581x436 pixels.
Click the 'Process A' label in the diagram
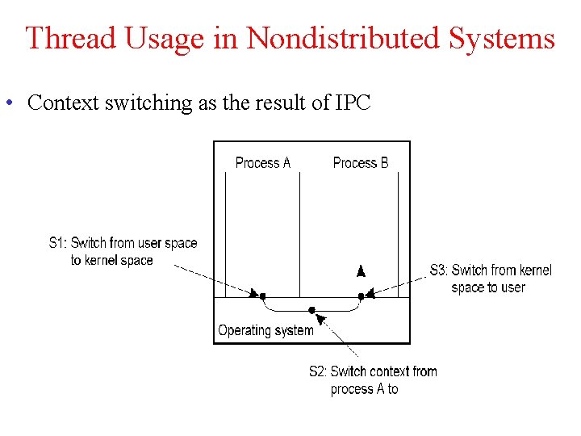pos(262,163)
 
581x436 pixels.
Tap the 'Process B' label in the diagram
pos(361,163)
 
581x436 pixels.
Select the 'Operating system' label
pos(265,330)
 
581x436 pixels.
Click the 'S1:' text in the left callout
pos(58,243)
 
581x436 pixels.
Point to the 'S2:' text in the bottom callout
pos(319,371)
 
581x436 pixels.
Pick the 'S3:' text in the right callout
pos(439,270)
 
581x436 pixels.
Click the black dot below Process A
pos(263,296)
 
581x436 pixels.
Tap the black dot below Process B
pos(361,296)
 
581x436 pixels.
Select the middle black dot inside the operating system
pos(312,310)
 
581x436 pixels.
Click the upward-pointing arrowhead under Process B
pos(362,270)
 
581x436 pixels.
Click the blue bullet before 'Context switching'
pos(7,103)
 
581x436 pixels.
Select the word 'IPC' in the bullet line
pos(353,103)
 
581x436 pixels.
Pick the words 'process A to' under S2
pos(364,389)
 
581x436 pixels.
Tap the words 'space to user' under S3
pos(487,287)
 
